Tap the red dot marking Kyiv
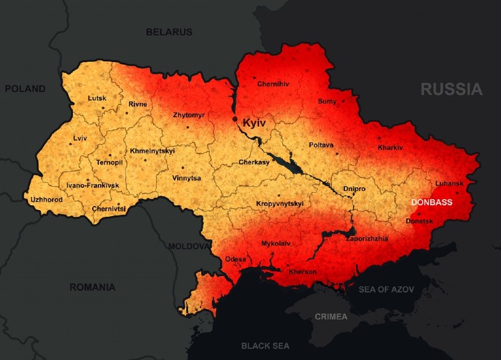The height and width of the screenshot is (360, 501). (235, 119)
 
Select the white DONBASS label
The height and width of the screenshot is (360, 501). (432, 202)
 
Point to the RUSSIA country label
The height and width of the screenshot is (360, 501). (451, 89)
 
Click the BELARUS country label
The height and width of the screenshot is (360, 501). (169, 32)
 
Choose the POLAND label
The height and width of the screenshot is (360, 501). (25, 89)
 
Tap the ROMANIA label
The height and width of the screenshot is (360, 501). (92, 287)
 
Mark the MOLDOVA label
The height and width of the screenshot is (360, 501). (189, 245)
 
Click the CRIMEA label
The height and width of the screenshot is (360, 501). (331, 316)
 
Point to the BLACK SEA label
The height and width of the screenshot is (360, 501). (265, 346)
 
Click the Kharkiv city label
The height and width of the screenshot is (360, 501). (391, 148)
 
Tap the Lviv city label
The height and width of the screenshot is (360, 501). (80, 138)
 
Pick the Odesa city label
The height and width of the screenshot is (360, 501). (235, 259)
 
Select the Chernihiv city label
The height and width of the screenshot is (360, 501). (273, 84)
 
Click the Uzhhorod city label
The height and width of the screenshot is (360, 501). (46, 200)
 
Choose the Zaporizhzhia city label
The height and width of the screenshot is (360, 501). (367, 239)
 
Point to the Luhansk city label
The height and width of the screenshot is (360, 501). (449, 184)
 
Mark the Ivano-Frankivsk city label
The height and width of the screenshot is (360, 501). (93, 185)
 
